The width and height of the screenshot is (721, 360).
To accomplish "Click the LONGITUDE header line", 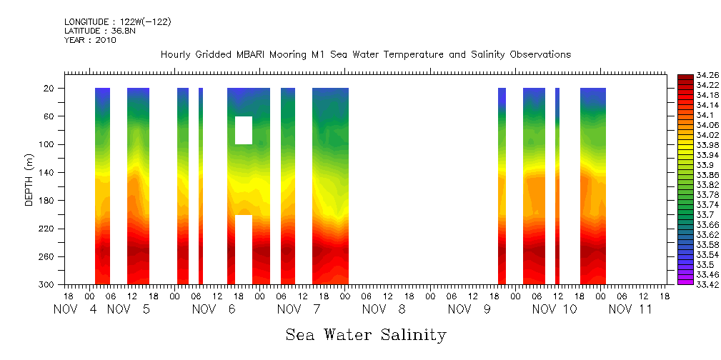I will point(117,22).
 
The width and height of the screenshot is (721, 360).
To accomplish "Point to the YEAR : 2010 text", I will point(90,40).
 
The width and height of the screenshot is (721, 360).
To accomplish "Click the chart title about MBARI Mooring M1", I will point(365,55).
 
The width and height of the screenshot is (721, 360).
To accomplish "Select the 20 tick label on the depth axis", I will point(50,89).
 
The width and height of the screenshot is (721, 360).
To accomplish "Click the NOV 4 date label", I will point(73,310).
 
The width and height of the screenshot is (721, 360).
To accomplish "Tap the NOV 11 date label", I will point(630,310).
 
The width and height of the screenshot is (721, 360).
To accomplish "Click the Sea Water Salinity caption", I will point(366,335).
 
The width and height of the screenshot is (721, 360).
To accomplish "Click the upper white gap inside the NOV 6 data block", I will point(244,130).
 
